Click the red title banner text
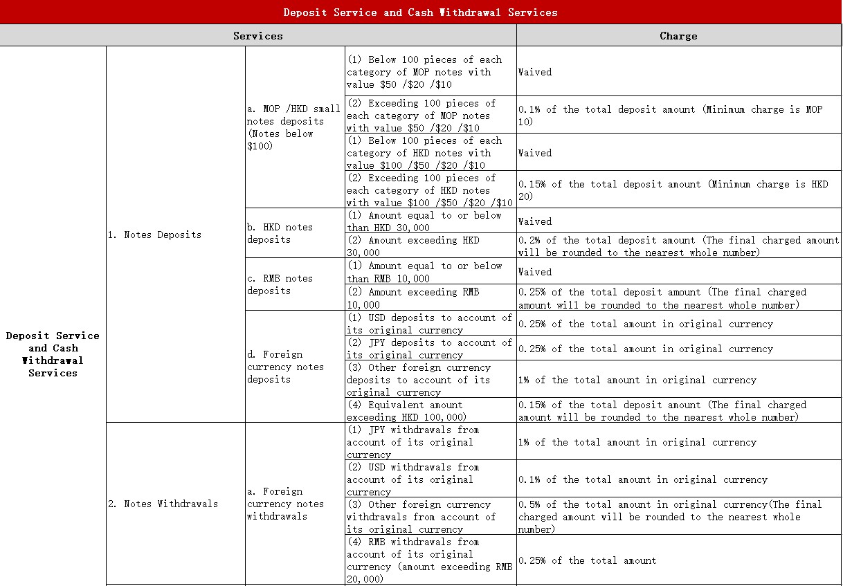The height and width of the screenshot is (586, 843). tap(420, 12)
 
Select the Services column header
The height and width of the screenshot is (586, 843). tap(257, 36)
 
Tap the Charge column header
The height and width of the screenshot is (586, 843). tap(678, 36)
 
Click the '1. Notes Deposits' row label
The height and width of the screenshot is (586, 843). tap(154, 235)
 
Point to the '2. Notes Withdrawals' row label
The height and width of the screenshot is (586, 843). tap(163, 504)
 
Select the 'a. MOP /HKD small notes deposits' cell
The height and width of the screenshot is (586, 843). tap(293, 127)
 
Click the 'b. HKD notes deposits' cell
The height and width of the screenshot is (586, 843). tap(280, 233)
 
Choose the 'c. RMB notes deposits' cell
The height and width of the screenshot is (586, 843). tap(280, 284)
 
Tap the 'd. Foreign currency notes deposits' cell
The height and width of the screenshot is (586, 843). tap(285, 367)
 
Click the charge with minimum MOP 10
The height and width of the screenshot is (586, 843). tap(670, 116)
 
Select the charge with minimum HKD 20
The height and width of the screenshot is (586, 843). tap(673, 190)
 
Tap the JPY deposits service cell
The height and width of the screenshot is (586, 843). tap(429, 349)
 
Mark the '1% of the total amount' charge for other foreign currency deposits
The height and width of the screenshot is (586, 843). tap(637, 380)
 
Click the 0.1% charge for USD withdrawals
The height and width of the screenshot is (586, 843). tap(643, 479)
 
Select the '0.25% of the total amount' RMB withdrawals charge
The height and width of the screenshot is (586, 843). tap(587, 560)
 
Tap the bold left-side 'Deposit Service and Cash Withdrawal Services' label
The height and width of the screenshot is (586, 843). tap(53, 354)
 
